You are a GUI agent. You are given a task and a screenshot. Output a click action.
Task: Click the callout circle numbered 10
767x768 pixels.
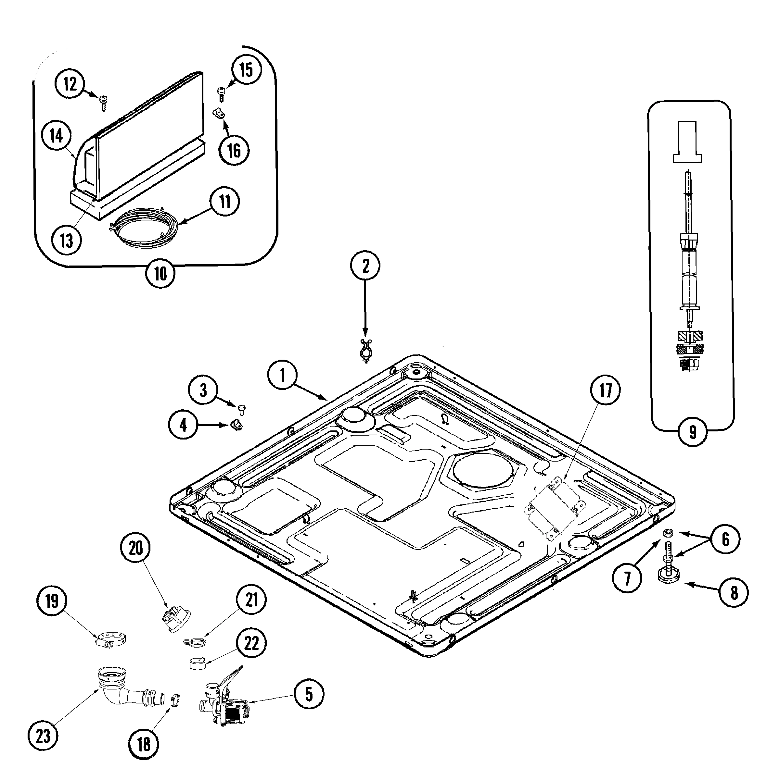[160, 274]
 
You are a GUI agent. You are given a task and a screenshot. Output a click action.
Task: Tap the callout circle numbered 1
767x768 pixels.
[282, 375]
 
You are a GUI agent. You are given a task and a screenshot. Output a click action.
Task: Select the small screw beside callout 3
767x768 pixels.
[241, 408]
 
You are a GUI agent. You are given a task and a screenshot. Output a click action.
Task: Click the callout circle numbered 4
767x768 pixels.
[183, 425]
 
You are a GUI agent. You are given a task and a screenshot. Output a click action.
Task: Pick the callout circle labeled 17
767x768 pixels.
[606, 391]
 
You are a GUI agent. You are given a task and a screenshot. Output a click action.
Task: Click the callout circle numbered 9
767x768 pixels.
[693, 431]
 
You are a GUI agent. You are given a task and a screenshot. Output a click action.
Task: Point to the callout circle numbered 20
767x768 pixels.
[136, 548]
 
